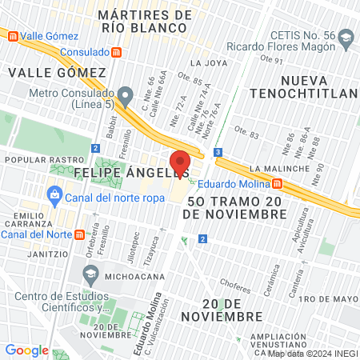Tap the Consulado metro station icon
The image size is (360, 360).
click(x=117, y=52)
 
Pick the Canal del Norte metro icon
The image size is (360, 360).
click(x=78, y=234)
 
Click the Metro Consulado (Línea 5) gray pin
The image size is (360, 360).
click(x=124, y=94)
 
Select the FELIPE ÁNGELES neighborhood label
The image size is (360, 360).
click(x=131, y=172)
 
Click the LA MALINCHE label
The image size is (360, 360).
click(x=278, y=169)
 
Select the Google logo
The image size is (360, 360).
click(x=26, y=350)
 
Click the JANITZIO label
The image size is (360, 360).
click(x=23, y=250)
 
